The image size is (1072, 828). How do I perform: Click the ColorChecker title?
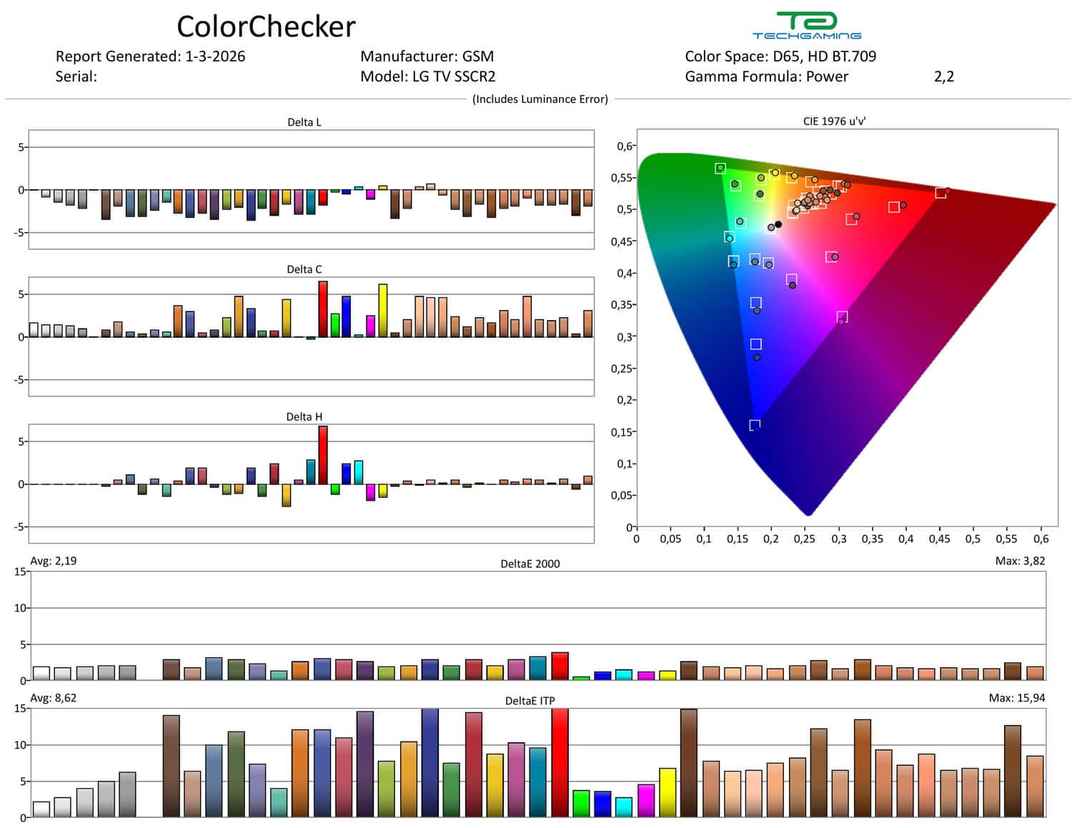pyautogui.click(x=266, y=27)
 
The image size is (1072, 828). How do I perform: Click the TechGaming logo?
pyautogui.click(x=806, y=26)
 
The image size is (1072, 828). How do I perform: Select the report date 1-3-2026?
pyautogui.click(x=215, y=56)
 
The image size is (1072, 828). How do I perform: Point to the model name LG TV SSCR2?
pyautogui.click(x=454, y=76)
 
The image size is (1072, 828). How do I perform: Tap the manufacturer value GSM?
pyautogui.click(x=478, y=56)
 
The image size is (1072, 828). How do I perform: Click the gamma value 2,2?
pyautogui.click(x=943, y=76)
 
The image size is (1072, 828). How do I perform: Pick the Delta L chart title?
pyautogui.click(x=304, y=122)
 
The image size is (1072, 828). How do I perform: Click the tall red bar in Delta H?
pyautogui.click(x=323, y=455)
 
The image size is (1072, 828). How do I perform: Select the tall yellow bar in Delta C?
pyautogui.click(x=383, y=311)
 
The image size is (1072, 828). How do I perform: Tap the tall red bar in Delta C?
pyautogui.click(x=323, y=309)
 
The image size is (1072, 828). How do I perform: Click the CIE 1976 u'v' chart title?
pyautogui.click(x=834, y=121)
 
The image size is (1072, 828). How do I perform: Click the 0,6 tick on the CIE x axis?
pyautogui.click(x=1041, y=539)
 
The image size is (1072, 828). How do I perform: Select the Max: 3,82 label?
pyautogui.click(x=1020, y=561)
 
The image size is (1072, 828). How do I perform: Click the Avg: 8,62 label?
pyautogui.click(x=54, y=698)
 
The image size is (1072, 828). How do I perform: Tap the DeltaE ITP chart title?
pyautogui.click(x=530, y=701)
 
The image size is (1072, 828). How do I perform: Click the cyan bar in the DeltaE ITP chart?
pyautogui.click(x=624, y=807)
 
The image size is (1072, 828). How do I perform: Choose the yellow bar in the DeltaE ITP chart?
pyautogui.click(x=667, y=792)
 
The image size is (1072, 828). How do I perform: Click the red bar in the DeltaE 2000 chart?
pyautogui.click(x=560, y=666)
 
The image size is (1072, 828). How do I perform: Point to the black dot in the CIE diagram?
pyautogui.click(x=778, y=224)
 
